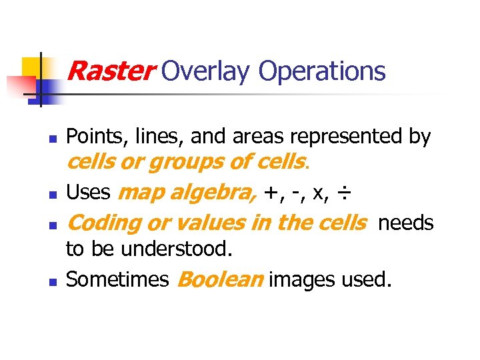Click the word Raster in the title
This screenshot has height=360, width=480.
[x=110, y=70]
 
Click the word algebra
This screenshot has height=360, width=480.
[x=215, y=193]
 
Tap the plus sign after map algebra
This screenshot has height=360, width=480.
[x=271, y=193]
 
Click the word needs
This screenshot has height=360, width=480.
[x=406, y=223]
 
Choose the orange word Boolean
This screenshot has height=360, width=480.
[x=220, y=279]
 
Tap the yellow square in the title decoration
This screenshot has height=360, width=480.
[x=33, y=67]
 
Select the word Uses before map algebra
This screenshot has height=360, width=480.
[x=88, y=193]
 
